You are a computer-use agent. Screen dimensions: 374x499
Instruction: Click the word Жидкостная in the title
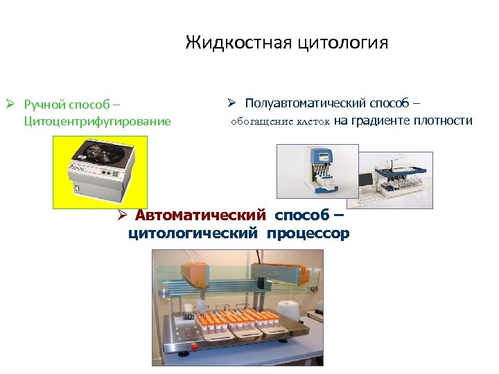pos(238,43)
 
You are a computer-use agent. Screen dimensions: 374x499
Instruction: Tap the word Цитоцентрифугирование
pos(97,122)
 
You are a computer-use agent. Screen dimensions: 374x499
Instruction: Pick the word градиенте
pos(381,121)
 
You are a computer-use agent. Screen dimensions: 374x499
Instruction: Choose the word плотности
pos(443,121)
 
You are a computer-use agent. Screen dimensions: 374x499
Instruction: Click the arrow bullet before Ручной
pos(10,105)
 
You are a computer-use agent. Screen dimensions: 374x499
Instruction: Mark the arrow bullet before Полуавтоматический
pos(232,104)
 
